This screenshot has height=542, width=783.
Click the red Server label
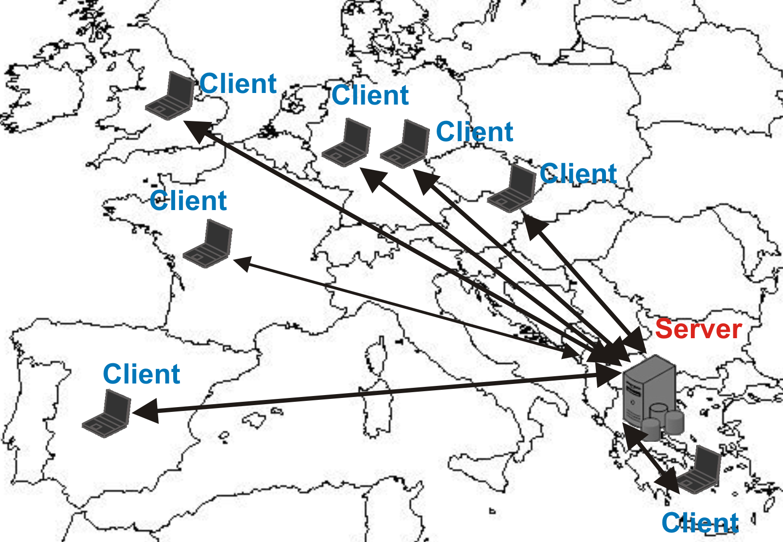pos(698,329)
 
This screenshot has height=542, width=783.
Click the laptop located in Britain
pos(171,97)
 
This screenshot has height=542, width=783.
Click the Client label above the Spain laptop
pos(141,374)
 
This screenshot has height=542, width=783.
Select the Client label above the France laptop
pos(188,201)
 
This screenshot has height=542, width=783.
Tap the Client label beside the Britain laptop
pos(238,84)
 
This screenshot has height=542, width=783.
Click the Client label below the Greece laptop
pos(700,523)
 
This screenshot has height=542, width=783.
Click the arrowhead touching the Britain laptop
pos(198,130)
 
